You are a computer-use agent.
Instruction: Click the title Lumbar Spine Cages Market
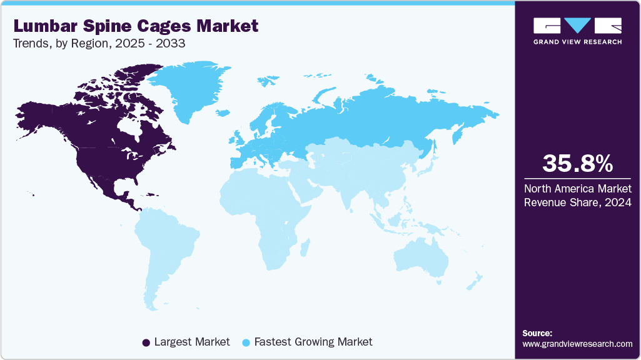pos(135,26)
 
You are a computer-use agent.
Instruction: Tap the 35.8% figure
pos(577,164)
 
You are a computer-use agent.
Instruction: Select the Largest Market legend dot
pos(146,342)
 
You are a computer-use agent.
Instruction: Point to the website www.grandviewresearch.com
pos(577,344)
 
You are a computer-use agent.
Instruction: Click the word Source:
pos(537,333)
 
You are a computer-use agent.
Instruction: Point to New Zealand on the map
pos(473,281)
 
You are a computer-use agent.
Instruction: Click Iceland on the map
pos(221,113)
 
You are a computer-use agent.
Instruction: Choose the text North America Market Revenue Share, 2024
pos(577,195)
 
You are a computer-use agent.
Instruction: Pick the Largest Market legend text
pos(192,342)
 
